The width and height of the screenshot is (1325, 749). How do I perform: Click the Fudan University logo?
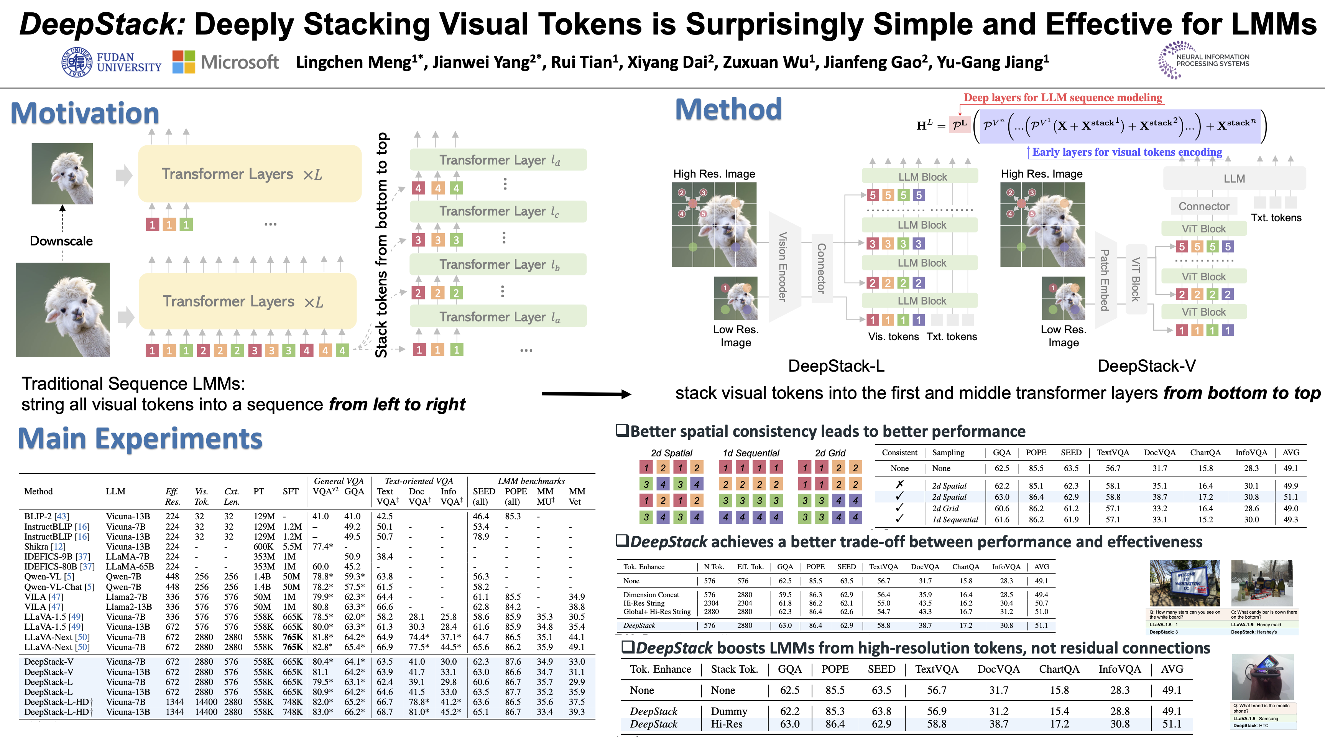tap(110, 62)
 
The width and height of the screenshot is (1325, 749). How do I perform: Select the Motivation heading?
tap(85, 113)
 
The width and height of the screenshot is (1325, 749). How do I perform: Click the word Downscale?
tap(61, 241)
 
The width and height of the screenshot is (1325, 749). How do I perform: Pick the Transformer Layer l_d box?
tap(498, 160)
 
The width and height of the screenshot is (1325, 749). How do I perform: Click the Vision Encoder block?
tap(783, 267)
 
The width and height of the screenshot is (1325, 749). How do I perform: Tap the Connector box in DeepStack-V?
tap(1203, 206)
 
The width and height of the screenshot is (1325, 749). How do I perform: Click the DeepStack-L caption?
tap(836, 366)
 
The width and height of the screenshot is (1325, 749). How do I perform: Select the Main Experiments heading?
tap(140, 438)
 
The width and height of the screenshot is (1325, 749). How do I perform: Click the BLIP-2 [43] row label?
tap(46, 516)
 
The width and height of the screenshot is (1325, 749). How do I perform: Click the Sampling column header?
tap(948, 452)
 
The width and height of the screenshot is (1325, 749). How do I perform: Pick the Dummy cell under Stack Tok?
tap(729, 711)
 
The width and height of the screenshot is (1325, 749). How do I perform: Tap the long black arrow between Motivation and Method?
tap(586, 394)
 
